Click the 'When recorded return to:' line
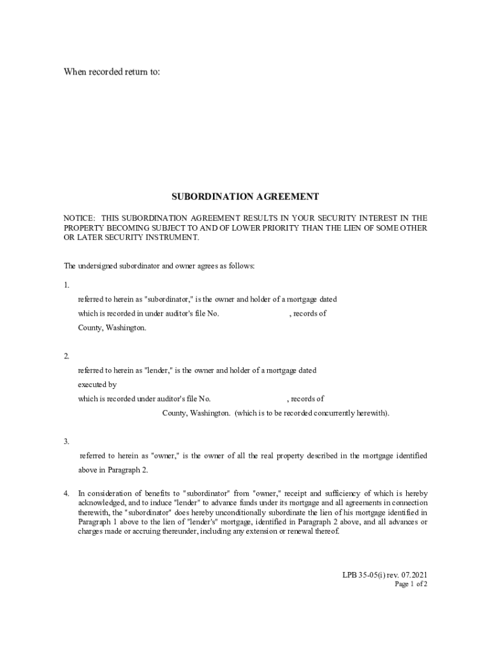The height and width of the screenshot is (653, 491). (112, 72)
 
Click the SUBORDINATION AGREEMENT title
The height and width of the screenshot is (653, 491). (245, 196)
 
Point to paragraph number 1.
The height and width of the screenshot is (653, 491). (66, 285)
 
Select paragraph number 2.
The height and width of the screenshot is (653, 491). (66, 356)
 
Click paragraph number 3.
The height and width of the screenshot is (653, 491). (66, 441)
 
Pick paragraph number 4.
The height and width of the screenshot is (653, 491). (66, 494)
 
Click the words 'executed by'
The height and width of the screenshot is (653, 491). (98, 385)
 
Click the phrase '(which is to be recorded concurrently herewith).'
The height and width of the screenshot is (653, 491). (312, 413)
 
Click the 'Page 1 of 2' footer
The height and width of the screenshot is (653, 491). (411, 584)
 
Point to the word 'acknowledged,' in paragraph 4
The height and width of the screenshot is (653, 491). (101, 503)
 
